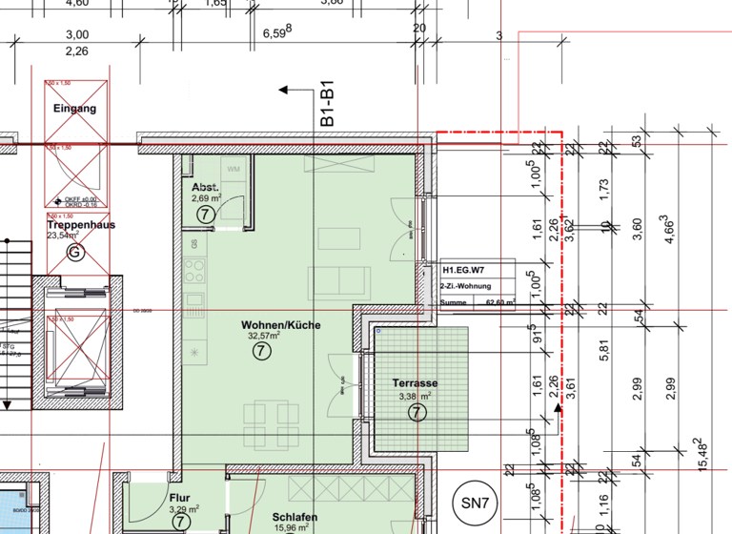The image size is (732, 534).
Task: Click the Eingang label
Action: click(x=74, y=110)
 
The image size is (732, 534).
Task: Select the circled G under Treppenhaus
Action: click(x=75, y=252)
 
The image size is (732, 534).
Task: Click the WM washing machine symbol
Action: click(x=234, y=169)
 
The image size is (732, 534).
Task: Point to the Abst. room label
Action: click(x=206, y=187)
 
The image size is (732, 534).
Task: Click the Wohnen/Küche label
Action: click(x=280, y=325)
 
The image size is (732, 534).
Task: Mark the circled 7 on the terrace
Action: click(x=416, y=412)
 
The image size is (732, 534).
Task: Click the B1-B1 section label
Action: click(x=326, y=107)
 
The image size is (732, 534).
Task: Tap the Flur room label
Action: click(x=180, y=497)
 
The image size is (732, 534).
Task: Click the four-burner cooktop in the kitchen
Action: click(x=194, y=270)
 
